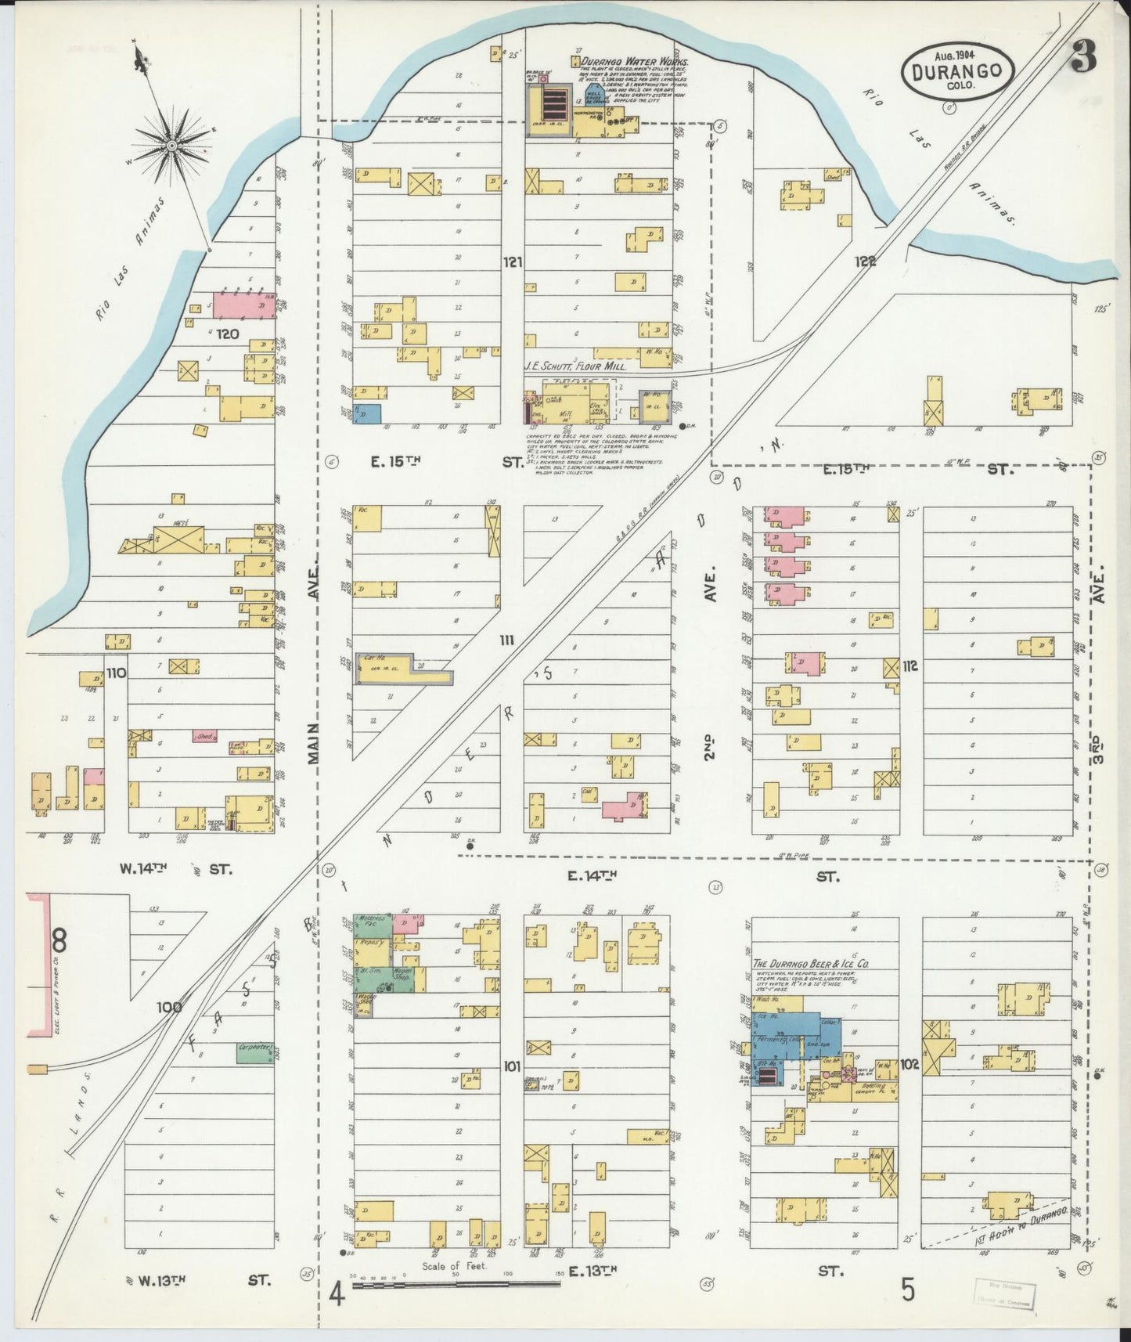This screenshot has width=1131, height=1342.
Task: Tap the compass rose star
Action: coord(172,146)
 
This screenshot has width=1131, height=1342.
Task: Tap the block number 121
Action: coord(512,262)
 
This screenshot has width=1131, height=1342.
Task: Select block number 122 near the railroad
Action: coord(864,262)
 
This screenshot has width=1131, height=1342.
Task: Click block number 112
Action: coord(909,666)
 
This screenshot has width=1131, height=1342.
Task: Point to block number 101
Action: coord(512,1066)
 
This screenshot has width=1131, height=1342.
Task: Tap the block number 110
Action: coord(117,673)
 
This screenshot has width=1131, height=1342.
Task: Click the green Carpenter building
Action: coord(255,1053)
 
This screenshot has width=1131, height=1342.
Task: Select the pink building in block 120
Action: coord(243,305)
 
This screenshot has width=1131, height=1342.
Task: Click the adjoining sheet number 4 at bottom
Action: coord(337,1293)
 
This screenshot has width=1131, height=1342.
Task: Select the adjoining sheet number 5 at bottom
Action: coord(907,1289)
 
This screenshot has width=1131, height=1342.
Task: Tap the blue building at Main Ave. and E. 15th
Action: coord(367,414)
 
